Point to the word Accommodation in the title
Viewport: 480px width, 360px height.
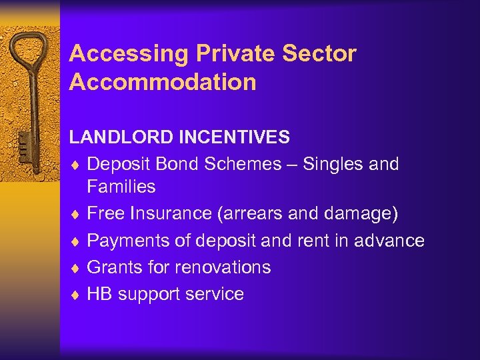(163, 82)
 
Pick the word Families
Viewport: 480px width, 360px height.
(121, 187)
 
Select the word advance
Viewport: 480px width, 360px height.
(389, 240)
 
